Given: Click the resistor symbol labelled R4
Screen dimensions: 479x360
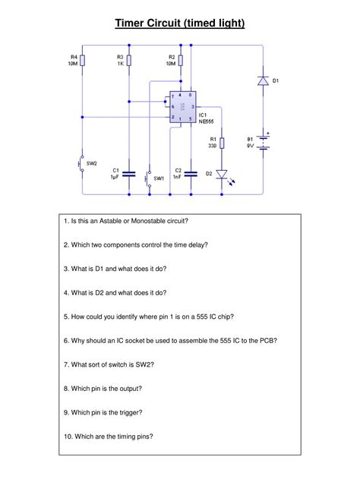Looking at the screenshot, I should point(84,60).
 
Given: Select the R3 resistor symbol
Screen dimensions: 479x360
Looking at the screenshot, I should point(130,60).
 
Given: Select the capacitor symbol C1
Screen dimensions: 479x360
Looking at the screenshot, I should point(130,174).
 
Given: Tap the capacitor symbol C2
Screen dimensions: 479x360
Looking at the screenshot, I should point(192,174).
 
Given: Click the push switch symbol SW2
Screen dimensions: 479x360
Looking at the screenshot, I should point(82,163).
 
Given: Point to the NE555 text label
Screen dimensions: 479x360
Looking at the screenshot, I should point(207,121).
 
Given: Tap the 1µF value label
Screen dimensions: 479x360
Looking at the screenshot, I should point(115,177).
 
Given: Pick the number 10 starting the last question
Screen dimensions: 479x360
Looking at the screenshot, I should point(68,436).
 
